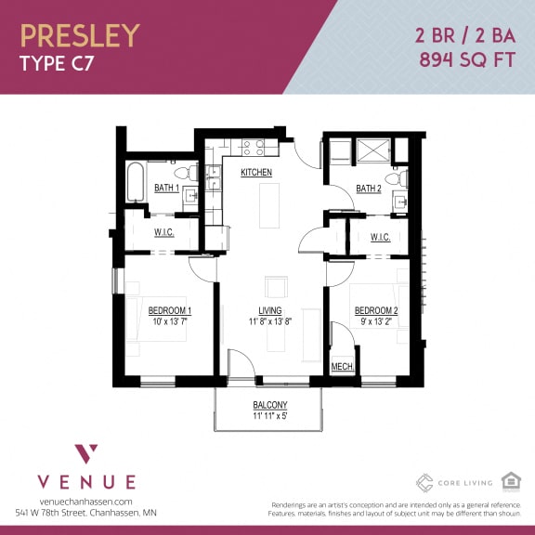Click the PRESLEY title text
[x=80, y=35]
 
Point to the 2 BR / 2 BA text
[x=463, y=36]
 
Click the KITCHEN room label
[x=256, y=174]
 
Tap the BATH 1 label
[x=167, y=189]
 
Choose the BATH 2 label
[x=369, y=189]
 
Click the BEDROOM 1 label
[x=169, y=310]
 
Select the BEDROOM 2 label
[x=376, y=310]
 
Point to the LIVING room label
[x=270, y=310]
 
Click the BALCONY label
[x=270, y=405]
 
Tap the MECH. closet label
[x=343, y=368]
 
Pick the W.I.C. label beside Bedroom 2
[x=380, y=237]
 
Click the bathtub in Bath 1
[x=136, y=182]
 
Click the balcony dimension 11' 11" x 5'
[x=270, y=416]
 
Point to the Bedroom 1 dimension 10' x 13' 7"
[x=169, y=322]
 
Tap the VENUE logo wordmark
[x=86, y=481]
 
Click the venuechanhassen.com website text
[x=86, y=502]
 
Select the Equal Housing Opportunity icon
[x=509, y=480]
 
